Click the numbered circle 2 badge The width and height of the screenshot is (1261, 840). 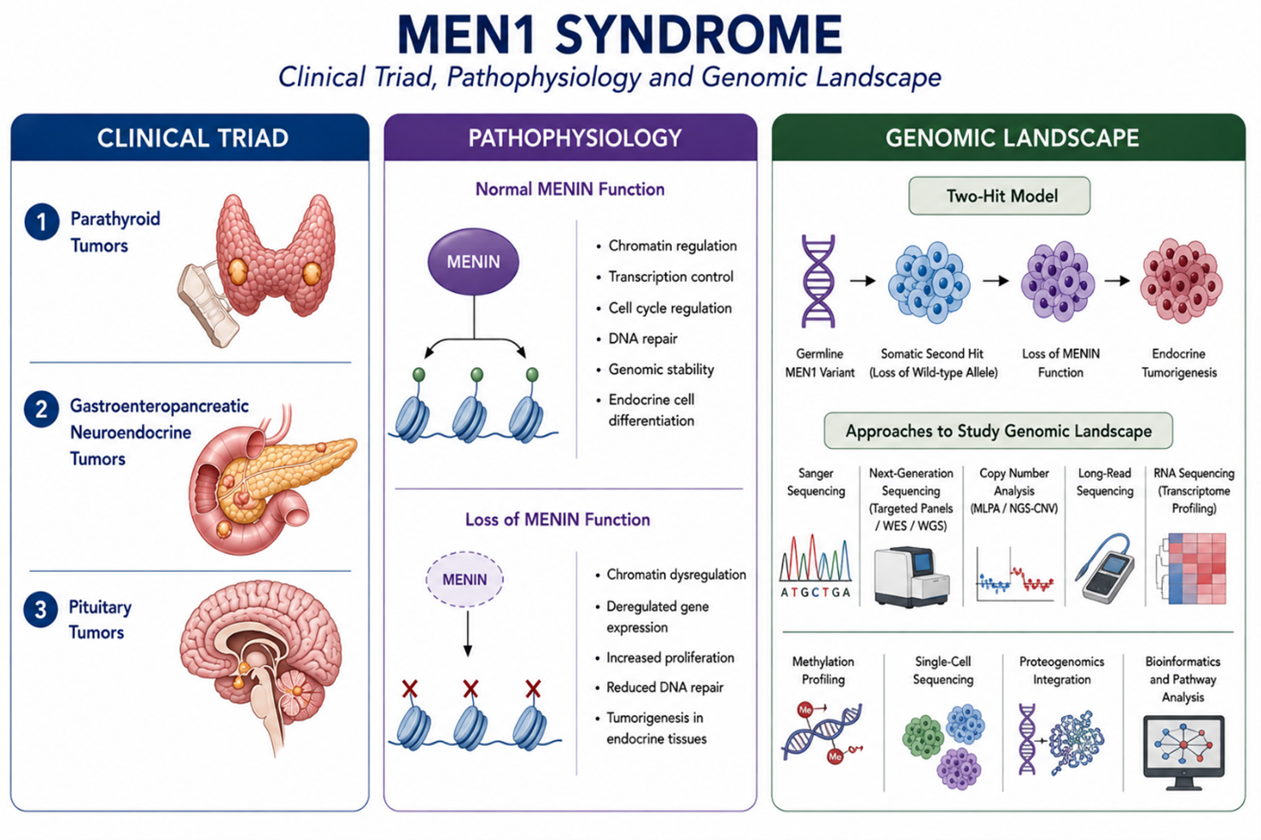pyautogui.click(x=41, y=409)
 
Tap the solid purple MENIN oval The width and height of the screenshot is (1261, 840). pyautogui.click(x=474, y=261)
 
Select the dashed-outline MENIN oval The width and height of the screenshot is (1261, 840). pyautogui.click(x=464, y=580)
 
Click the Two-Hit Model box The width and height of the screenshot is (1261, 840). pyautogui.click(x=999, y=196)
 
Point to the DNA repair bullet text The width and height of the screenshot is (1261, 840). pyautogui.click(x=643, y=339)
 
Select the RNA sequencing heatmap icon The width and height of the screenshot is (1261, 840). pyautogui.click(x=1192, y=569)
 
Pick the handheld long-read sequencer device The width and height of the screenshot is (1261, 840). pyautogui.click(x=1105, y=569)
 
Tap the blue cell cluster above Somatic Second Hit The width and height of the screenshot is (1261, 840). pyautogui.click(x=929, y=282)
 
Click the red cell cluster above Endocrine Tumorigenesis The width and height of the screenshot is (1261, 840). pyautogui.click(x=1181, y=280)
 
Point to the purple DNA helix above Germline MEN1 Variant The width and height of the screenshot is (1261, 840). pyautogui.click(x=819, y=282)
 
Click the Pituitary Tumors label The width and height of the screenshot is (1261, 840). pyautogui.click(x=100, y=619)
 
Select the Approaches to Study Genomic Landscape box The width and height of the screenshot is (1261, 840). pyautogui.click(x=998, y=431)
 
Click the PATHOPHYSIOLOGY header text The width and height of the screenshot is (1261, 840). pyautogui.click(x=575, y=138)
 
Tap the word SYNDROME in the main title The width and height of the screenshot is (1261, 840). pyautogui.click(x=698, y=35)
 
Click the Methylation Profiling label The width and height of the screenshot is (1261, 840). pyautogui.click(x=823, y=670)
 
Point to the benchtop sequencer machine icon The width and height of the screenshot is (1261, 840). pyautogui.click(x=912, y=576)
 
